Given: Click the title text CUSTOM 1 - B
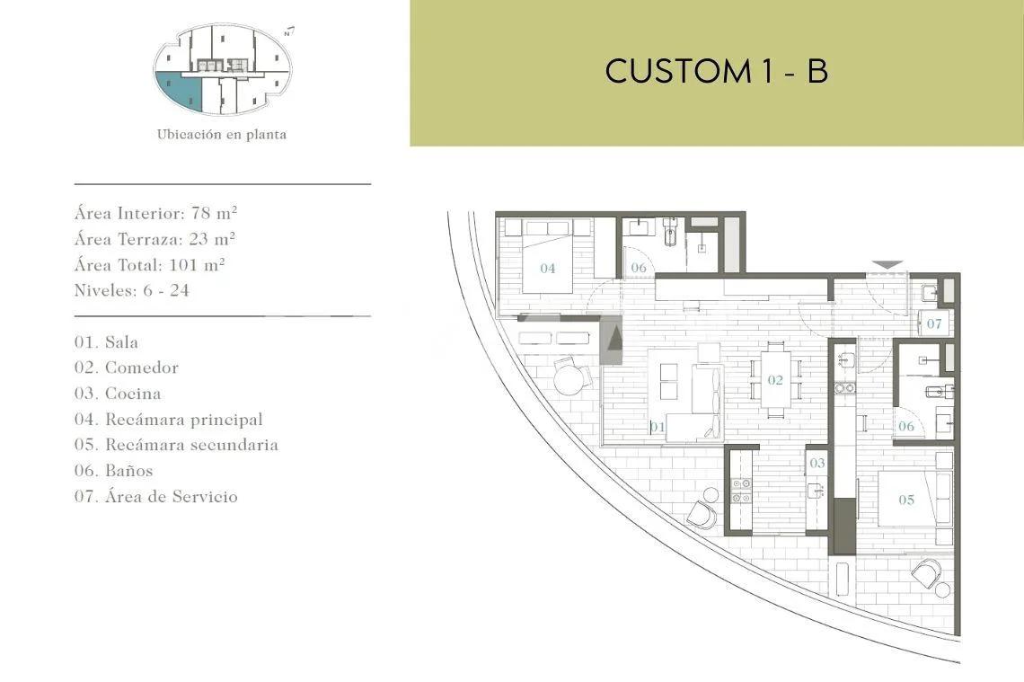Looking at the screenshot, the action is (717, 71).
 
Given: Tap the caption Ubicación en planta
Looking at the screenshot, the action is (221, 135).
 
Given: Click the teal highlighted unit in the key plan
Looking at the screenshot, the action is (176, 90).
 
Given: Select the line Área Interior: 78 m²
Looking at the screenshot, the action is (155, 213).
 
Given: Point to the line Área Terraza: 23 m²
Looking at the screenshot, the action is (154, 239).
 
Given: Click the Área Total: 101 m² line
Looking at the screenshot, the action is (149, 264).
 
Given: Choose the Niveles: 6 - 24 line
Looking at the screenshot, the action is (132, 290).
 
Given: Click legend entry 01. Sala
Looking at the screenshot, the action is (106, 341).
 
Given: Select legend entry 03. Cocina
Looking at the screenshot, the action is (118, 394).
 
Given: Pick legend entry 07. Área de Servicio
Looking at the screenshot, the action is (156, 497).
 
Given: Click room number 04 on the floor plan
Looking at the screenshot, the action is (547, 268).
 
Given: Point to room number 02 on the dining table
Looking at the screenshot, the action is (775, 379).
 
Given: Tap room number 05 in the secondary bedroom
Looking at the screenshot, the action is (906, 500).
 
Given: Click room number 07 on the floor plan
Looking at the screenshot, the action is (934, 323).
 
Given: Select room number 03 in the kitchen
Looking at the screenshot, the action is (817, 463).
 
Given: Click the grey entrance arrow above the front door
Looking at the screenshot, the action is (888, 264).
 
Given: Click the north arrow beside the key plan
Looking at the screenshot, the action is (289, 31).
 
